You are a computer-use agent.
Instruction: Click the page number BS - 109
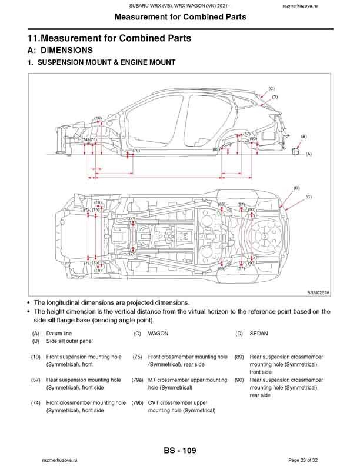(x=179, y=451)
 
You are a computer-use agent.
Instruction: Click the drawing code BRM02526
(x=318, y=292)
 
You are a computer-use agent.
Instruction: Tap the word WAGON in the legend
(x=158, y=334)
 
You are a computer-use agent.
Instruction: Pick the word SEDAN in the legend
(x=259, y=334)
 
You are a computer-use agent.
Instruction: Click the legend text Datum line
(x=59, y=334)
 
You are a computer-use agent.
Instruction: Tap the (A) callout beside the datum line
(x=308, y=154)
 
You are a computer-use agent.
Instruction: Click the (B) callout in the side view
(x=304, y=136)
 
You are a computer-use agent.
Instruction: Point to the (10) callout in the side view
(x=98, y=118)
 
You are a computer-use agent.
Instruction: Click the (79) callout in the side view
(x=136, y=151)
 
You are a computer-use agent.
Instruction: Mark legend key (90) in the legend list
(x=239, y=380)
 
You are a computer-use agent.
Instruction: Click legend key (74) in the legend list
(x=36, y=403)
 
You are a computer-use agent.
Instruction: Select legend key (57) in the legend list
(x=36, y=380)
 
